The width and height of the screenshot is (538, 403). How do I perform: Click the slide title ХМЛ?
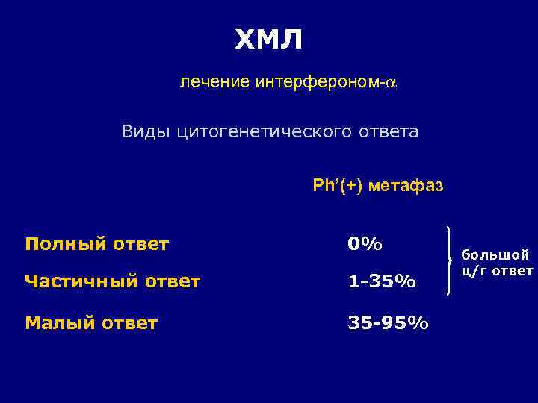pos(269,40)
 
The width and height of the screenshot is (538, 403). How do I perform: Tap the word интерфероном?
pos(319,83)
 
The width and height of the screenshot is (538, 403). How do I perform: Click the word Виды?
pos(147,132)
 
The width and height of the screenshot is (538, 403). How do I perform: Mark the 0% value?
pos(365,244)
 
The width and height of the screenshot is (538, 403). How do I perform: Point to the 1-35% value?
pos(382,281)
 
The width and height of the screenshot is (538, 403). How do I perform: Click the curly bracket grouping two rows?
pos(449,260)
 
